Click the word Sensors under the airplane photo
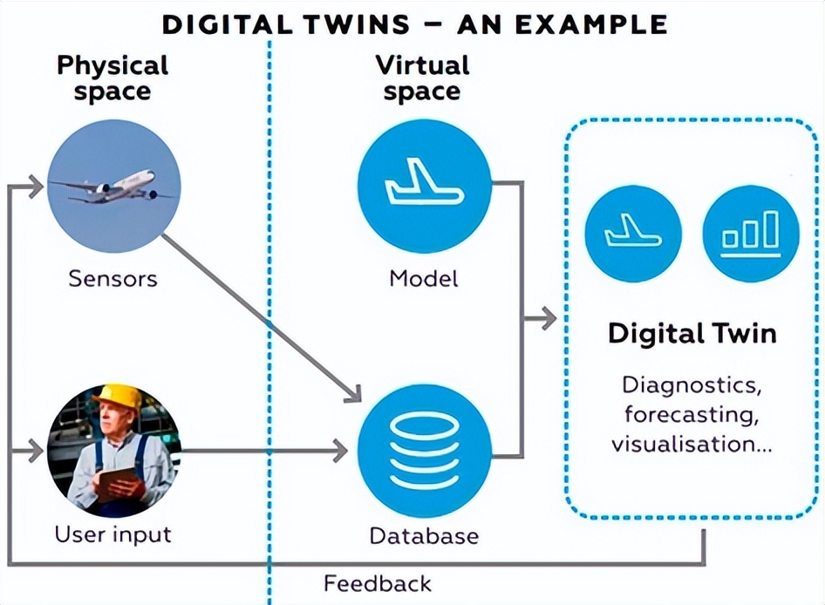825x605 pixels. [x=112, y=279]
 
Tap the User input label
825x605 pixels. [x=112, y=534]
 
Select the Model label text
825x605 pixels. [x=424, y=279]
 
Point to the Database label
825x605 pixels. [x=424, y=535]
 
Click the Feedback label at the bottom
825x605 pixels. [x=378, y=583]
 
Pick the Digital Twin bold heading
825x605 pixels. [x=692, y=333]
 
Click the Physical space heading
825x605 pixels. [x=112, y=78]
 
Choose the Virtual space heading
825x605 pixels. [x=423, y=78]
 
